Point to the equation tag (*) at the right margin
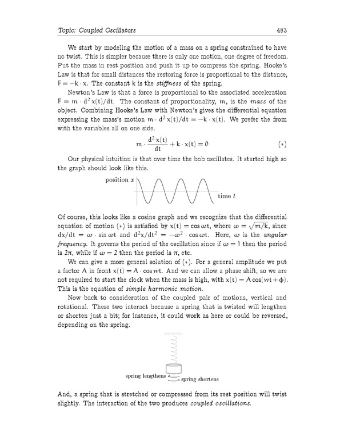click(281, 141)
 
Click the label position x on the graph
click(120, 179)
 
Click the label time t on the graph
click(227, 197)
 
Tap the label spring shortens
click(199, 379)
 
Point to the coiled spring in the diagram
click(173, 349)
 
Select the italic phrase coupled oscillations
click(221, 404)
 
